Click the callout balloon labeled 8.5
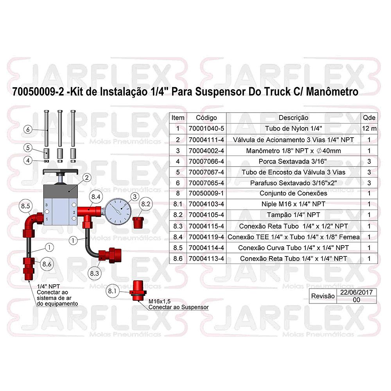25,206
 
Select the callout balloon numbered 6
28,129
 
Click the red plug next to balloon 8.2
138,222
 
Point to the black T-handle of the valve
60,172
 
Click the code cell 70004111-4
206,140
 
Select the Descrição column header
293,118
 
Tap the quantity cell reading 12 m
369,129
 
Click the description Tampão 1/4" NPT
293,215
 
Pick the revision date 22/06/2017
356,292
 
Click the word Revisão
323,296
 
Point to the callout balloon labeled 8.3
95,273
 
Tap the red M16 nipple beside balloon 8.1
138,291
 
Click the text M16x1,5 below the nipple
160,301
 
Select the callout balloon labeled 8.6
47,264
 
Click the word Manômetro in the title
332,92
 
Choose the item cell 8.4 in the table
178,237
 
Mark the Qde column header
369,118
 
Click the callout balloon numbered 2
87,178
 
